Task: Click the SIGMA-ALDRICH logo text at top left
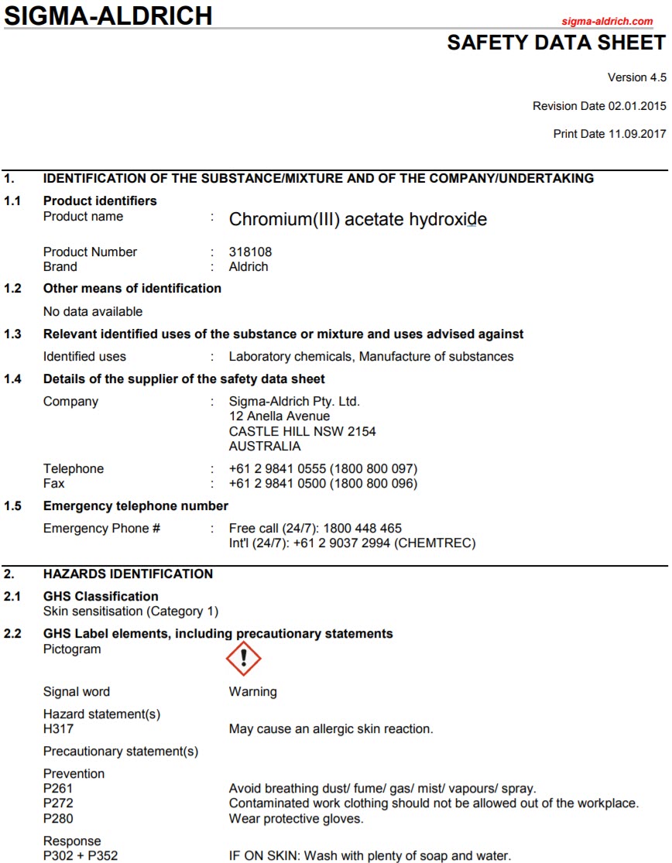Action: [x=108, y=15]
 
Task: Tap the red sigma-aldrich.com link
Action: [x=607, y=22]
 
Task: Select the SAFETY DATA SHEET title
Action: [x=556, y=43]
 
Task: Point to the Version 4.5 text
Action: [x=637, y=77]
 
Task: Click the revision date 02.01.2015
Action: [x=637, y=106]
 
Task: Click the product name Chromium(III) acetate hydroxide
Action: [x=358, y=219]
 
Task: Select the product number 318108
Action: [x=250, y=252]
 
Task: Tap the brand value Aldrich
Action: [x=249, y=267]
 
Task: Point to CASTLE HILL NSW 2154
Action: [x=303, y=432]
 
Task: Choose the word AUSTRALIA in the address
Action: [x=265, y=447]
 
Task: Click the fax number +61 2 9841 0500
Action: [x=278, y=484]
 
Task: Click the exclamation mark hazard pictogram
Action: [x=243, y=659]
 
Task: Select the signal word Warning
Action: [x=252, y=692]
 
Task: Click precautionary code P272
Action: [x=58, y=803]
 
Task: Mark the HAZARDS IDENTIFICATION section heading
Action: [x=128, y=574]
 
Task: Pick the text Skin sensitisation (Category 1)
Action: [x=131, y=611]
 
